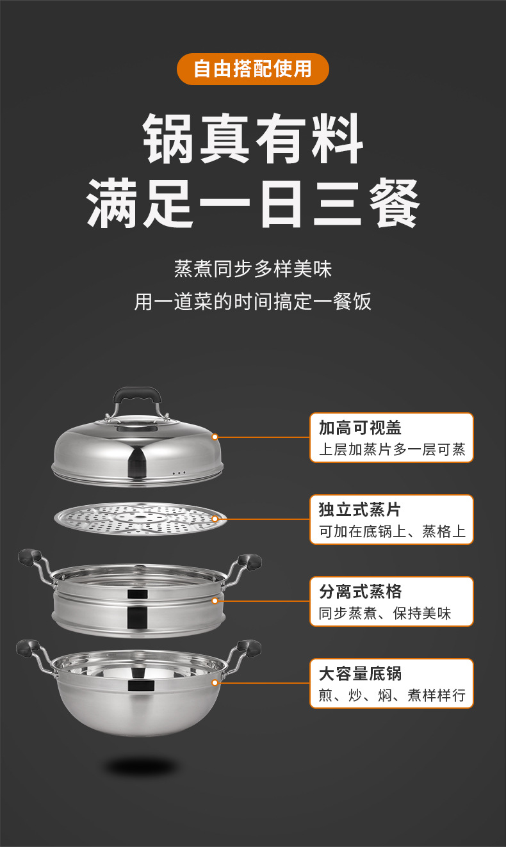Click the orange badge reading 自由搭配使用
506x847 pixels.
click(x=252, y=69)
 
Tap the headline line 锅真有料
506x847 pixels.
click(x=252, y=139)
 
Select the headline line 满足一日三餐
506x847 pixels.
click(x=252, y=203)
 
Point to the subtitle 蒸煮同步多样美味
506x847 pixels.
click(x=252, y=268)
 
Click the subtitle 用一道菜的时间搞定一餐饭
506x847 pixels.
click(x=252, y=301)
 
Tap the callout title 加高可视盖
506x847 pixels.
click(x=360, y=428)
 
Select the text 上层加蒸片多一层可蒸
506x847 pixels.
click(x=391, y=449)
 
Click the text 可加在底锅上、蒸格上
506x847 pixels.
click(x=391, y=531)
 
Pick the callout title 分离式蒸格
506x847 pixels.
click(x=360, y=592)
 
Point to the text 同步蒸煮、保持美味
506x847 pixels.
click(x=384, y=613)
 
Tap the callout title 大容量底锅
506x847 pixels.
click(x=360, y=674)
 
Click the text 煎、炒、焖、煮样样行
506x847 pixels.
click(x=391, y=695)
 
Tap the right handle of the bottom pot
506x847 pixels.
click(x=249, y=648)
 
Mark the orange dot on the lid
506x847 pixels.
click(x=215, y=437)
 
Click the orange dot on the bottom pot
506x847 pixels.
click(x=215, y=682)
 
